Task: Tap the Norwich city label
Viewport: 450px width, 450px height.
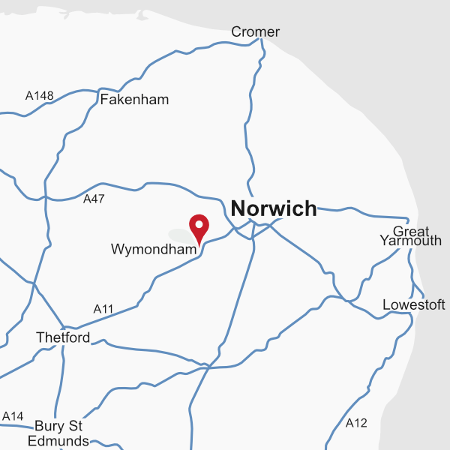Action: pos(274,208)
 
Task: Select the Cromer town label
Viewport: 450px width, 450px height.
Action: pos(255,31)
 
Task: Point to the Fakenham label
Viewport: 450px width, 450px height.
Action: pos(134,100)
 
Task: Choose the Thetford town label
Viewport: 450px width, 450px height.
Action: pos(63,338)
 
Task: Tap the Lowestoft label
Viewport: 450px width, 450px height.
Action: pos(413,305)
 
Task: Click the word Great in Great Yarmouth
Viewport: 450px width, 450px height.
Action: pos(410,231)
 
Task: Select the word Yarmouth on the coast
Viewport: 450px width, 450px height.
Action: pos(410,241)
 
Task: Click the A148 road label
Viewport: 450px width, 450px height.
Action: pos(40,96)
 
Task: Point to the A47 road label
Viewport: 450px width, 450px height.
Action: pos(94,199)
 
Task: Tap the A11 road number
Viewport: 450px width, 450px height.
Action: pos(103,309)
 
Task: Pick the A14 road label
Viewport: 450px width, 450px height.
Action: pos(13,416)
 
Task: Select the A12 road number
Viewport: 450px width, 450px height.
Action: pos(356,424)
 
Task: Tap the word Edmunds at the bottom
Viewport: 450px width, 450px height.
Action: pos(58,441)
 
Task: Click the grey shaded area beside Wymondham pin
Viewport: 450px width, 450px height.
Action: pos(180,235)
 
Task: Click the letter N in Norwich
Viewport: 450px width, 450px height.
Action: pos(239,208)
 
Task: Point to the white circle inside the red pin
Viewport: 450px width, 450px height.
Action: pos(199,223)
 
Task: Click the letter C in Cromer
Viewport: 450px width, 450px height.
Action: pos(236,31)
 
